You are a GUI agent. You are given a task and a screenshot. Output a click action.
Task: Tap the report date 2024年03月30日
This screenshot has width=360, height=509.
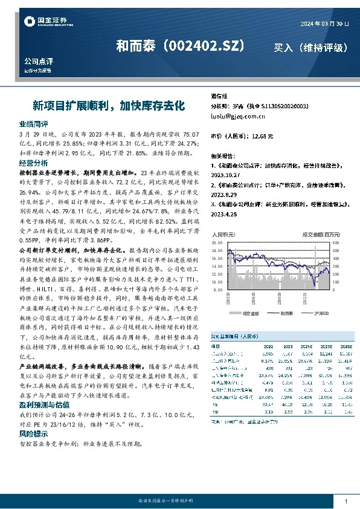coord(324,23)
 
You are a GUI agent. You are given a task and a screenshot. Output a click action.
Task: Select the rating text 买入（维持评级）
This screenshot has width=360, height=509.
coord(310,47)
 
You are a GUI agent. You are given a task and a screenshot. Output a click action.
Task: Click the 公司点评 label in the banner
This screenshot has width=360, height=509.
coord(39,62)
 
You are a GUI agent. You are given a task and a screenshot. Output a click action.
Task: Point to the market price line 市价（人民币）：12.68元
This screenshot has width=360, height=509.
coord(242,136)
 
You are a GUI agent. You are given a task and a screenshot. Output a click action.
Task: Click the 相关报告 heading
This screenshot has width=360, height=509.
coord(223,154)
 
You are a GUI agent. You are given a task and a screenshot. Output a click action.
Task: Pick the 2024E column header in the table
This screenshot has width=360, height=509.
coord(307,346)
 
